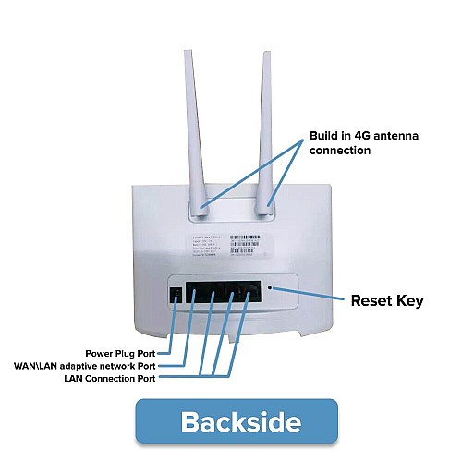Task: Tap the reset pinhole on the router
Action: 269,287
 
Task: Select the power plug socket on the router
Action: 176,296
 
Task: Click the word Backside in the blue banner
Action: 240,421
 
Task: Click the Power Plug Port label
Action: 127,353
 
